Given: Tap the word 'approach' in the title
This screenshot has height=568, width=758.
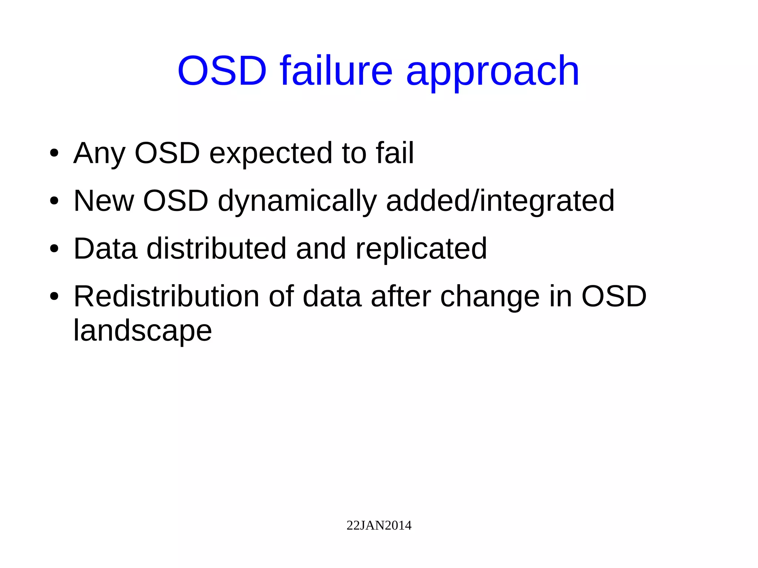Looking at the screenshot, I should point(492,72).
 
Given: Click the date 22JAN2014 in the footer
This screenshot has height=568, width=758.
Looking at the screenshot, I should point(379,525).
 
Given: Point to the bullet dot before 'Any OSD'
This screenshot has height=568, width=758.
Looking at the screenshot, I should point(54,153).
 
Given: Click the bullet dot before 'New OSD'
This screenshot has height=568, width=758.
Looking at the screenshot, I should point(54,201).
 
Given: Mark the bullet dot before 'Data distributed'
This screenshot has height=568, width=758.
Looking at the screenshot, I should point(54,249).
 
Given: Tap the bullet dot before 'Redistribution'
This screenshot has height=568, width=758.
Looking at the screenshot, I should point(54,296).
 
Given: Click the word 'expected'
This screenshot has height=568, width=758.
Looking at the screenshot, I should point(271,153).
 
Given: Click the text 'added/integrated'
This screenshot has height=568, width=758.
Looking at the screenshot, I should point(500,201).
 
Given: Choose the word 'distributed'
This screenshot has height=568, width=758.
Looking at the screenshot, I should point(217,248).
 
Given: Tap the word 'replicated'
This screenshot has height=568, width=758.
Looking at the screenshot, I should point(421,249).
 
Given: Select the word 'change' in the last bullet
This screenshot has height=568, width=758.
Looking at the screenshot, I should point(490,297).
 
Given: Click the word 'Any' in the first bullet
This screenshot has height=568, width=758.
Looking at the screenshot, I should point(99,153).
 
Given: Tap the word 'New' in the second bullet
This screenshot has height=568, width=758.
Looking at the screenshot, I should point(104,201).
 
